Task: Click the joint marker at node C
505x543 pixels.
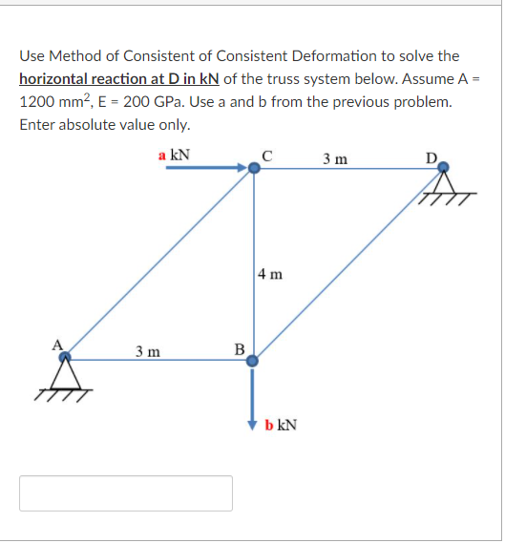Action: (x=254, y=169)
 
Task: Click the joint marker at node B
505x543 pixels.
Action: (x=254, y=361)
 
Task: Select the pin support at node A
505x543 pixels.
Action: (x=65, y=375)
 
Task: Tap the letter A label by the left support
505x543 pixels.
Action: (x=56, y=345)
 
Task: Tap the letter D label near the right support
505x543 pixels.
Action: (x=431, y=157)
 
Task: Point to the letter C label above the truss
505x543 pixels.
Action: (x=267, y=156)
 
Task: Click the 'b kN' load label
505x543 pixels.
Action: (x=281, y=424)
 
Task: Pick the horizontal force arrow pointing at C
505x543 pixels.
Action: (x=206, y=169)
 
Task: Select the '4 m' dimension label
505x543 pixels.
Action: (x=270, y=275)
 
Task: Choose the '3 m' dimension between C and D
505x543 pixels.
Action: (x=334, y=157)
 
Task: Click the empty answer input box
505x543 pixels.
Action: (x=126, y=492)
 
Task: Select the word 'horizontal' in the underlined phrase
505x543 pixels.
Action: (x=53, y=79)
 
